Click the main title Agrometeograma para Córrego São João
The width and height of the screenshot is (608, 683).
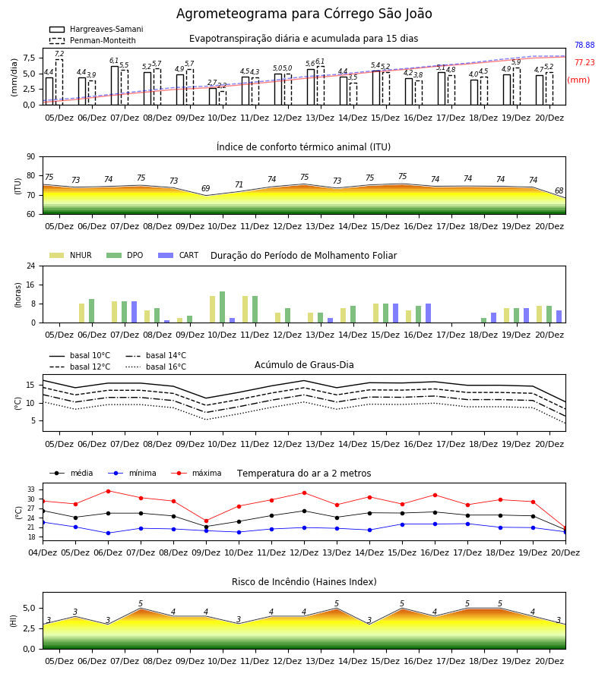(304, 14)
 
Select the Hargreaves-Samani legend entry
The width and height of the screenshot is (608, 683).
(96, 29)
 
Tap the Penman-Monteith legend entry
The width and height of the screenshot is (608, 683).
(93, 40)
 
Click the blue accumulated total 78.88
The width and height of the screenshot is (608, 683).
(584, 45)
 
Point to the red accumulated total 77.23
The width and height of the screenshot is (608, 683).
(584, 62)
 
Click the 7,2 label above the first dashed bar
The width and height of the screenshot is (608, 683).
(59, 54)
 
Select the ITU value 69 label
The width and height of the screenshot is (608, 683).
(205, 188)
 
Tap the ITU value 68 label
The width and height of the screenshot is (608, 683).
(559, 190)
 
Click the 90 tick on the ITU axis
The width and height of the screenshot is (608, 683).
(31, 157)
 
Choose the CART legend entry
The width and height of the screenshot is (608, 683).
(179, 255)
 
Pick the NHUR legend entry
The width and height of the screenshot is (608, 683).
(71, 255)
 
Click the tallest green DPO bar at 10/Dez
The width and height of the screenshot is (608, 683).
(223, 307)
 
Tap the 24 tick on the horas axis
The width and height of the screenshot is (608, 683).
(31, 266)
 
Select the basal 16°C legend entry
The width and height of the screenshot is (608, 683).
(156, 367)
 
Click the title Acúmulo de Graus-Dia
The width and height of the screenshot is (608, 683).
(304, 364)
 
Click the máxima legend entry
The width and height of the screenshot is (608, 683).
(196, 473)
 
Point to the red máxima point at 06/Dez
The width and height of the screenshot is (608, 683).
(108, 491)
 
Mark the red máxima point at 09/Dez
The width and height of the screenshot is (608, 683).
(206, 521)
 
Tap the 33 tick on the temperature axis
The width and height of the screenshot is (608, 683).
(31, 489)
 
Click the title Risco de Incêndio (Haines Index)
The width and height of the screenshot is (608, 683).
(304, 581)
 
